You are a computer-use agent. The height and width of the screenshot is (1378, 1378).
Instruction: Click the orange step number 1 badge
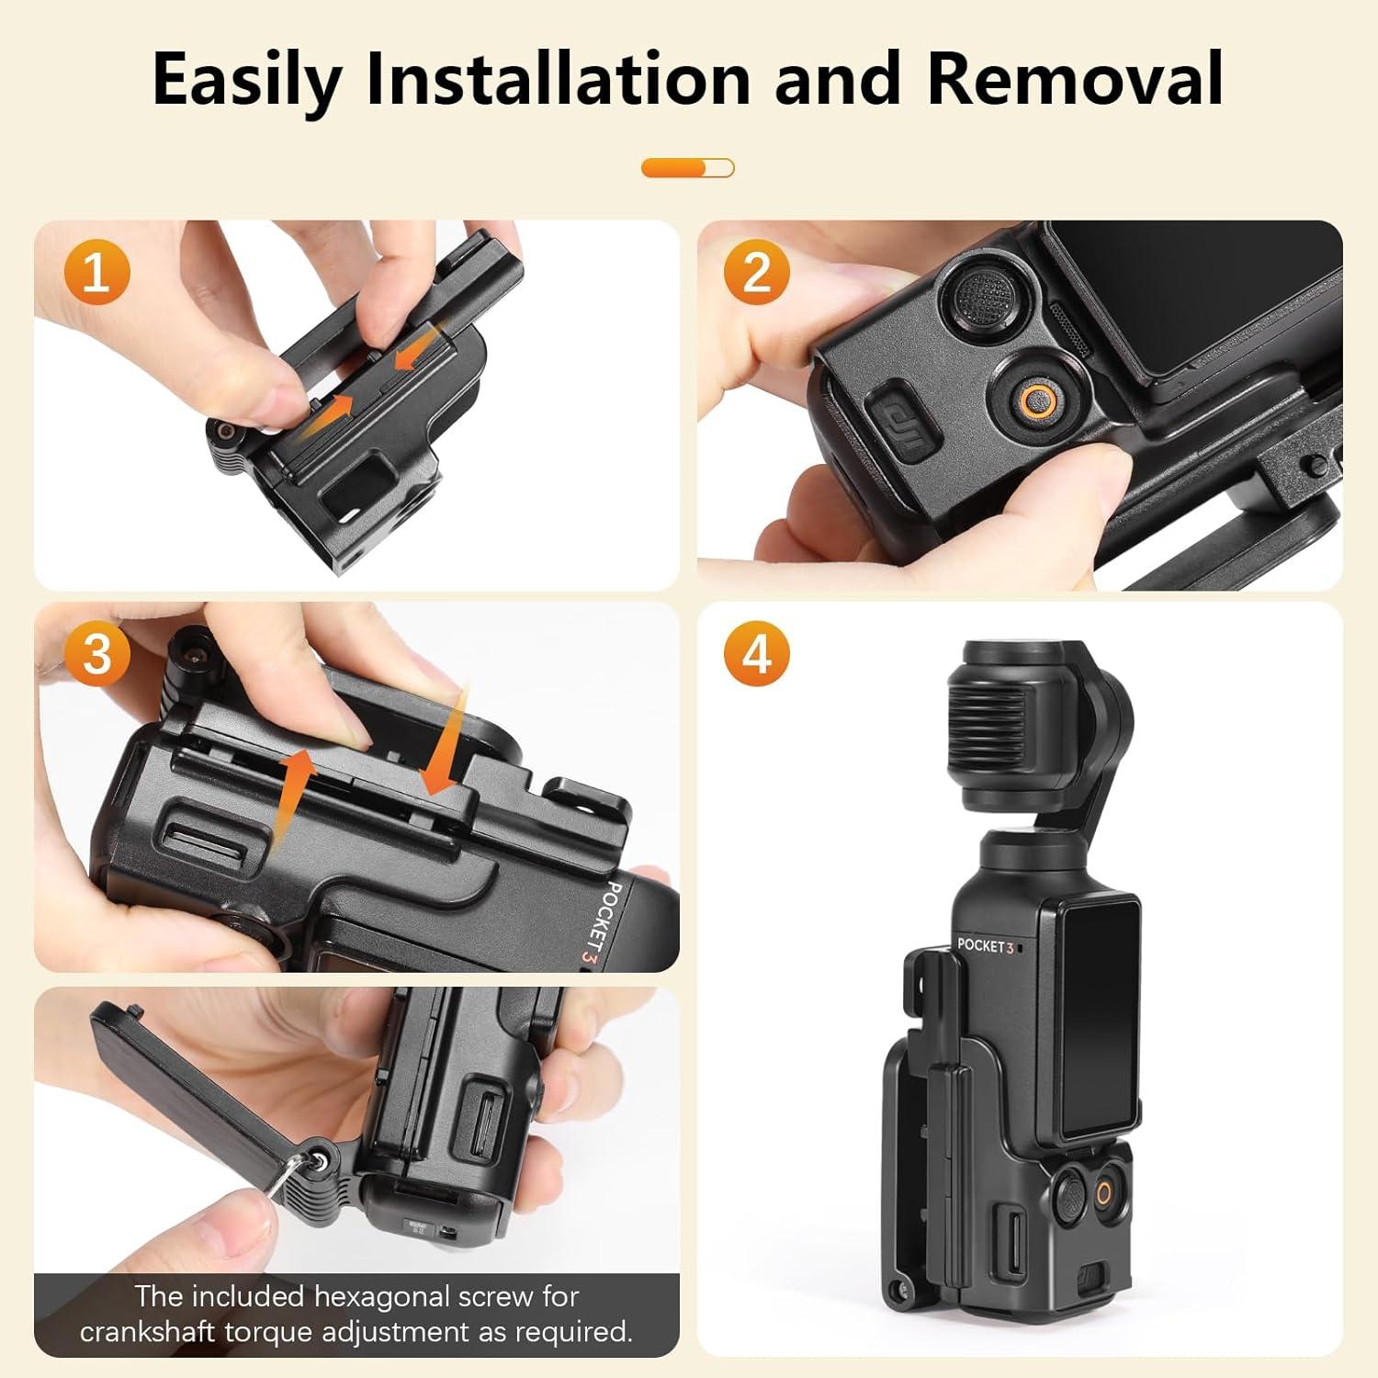click(x=96, y=272)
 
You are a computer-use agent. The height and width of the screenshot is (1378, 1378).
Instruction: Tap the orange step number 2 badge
click(x=756, y=272)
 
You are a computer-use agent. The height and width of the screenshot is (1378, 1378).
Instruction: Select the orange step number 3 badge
click(x=96, y=654)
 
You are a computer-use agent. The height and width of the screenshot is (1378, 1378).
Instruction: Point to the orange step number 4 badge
click(x=756, y=654)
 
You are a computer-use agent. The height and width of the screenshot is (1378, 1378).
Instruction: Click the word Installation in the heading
click(x=559, y=79)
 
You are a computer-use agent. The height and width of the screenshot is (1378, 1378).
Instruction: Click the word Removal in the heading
click(x=1075, y=79)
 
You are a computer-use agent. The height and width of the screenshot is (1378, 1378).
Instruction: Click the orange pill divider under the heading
click(x=688, y=168)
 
